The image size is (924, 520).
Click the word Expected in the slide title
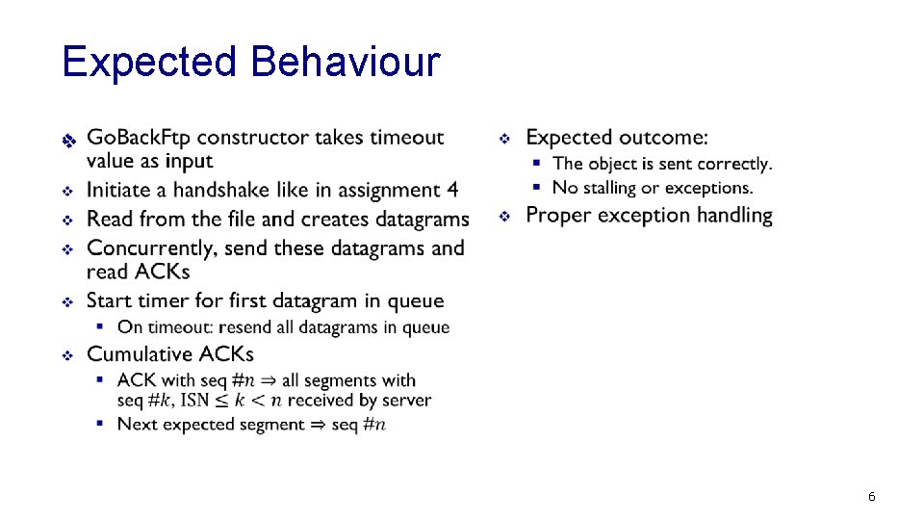(x=149, y=63)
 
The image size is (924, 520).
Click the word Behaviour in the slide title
(x=345, y=63)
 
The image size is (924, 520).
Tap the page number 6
(x=871, y=497)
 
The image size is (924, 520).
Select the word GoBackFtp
(x=139, y=138)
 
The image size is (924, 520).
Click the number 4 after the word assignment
(x=452, y=191)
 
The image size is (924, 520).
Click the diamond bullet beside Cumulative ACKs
(x=67, y=356)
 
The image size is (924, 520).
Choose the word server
(x=406, y=401)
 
